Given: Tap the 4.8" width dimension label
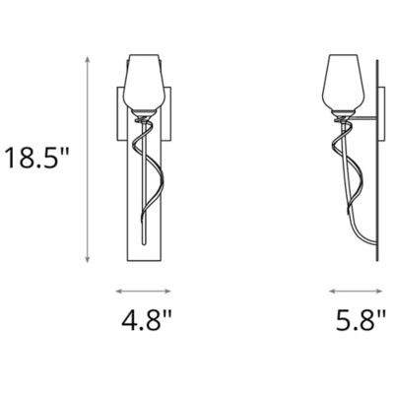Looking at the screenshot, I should [145, 321].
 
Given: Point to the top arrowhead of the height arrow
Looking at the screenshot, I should [90, 57].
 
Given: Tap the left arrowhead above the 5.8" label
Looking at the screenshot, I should [330, 291].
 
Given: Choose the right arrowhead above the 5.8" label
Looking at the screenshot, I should [382, 291].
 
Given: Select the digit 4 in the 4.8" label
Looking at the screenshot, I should [126, 321].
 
